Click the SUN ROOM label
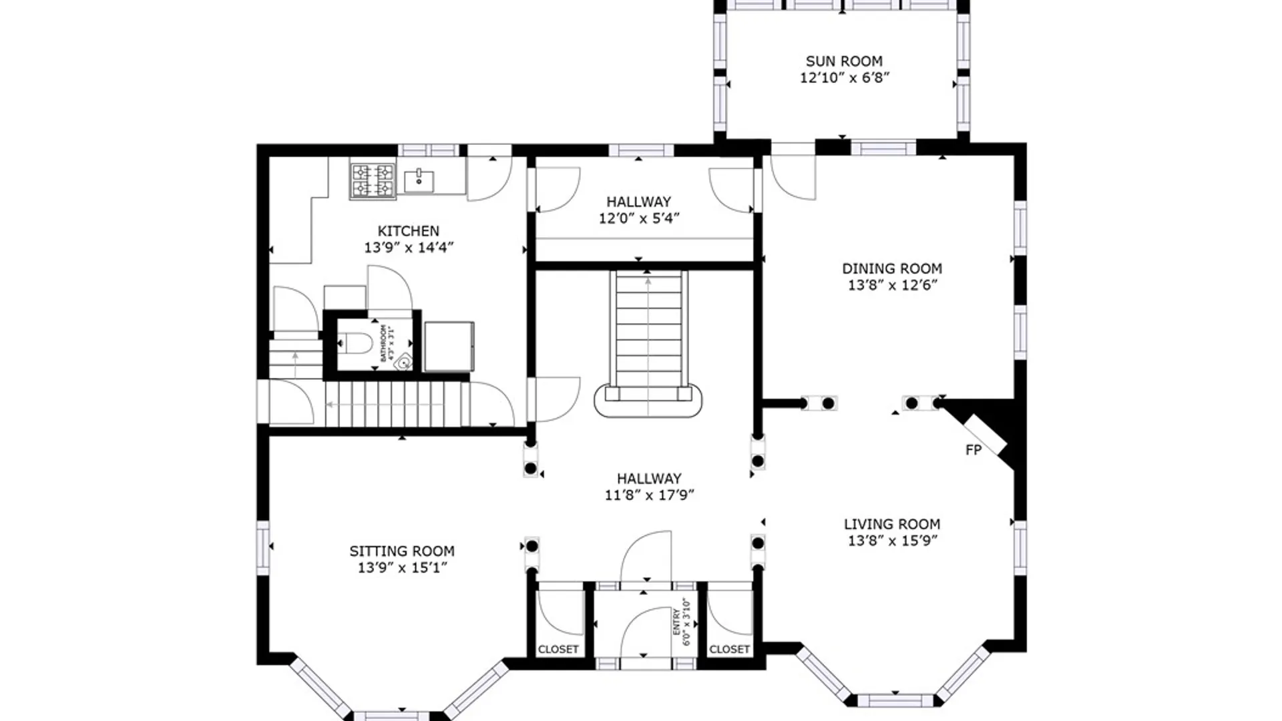coord(844,61)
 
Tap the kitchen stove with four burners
coord(373,181)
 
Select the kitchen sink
coord(419,180)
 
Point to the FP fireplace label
coord(974,450)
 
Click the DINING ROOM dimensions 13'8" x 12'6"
coord(892,285)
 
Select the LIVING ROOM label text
coord(892,524)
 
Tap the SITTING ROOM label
coord(401,551)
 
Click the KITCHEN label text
coord(408,231)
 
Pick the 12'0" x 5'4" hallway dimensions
coord(638,218)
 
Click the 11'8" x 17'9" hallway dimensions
coord(649,495)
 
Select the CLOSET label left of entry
coord(558,649)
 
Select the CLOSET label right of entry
coord(729,649)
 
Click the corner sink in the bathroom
coord(403,363)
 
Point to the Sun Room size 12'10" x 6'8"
coord(845,77)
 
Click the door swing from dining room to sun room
coord(793,177)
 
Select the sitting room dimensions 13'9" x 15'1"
coord(401,567)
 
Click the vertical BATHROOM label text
coord(387,343)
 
